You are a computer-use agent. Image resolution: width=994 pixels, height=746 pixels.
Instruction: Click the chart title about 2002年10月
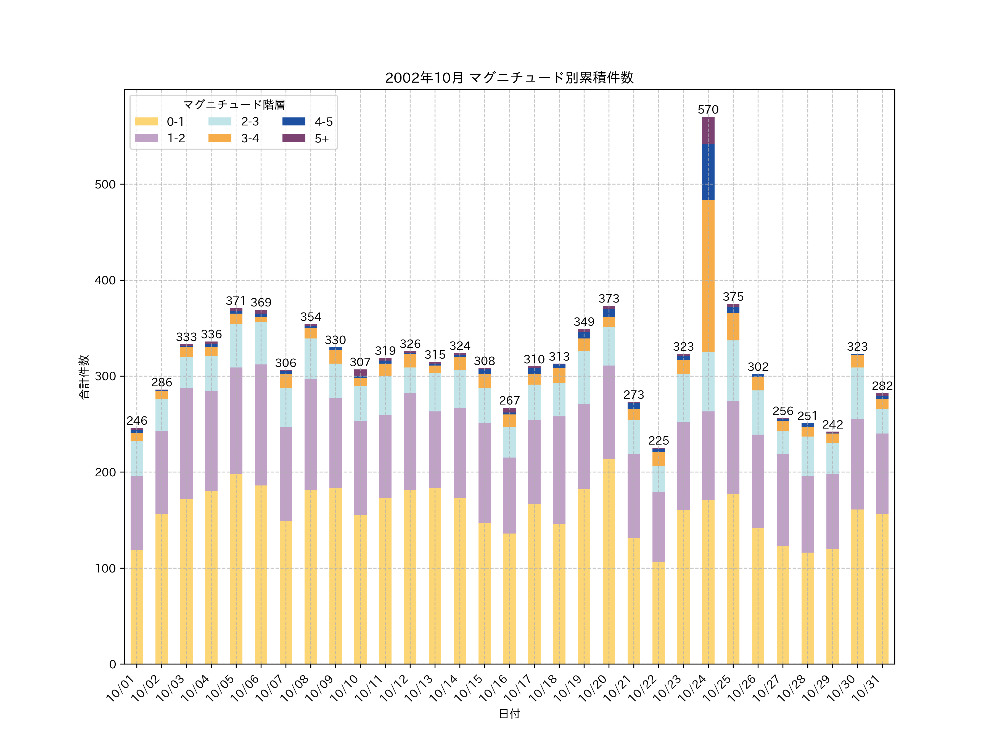[509, 78]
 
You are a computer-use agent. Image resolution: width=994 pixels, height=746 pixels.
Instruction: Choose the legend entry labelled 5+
[321, 138]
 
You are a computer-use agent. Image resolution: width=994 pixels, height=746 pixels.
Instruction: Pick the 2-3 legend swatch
[220, 121]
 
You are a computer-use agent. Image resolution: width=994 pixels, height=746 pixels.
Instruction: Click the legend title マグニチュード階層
[234, 105]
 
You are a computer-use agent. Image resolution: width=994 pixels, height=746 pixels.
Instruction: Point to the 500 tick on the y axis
[105, 184]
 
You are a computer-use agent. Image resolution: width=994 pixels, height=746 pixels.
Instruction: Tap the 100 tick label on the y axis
[105, 568]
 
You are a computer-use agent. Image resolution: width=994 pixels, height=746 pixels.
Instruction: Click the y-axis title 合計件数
[84, 377]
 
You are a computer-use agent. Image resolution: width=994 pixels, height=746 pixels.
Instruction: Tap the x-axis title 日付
[509, 714]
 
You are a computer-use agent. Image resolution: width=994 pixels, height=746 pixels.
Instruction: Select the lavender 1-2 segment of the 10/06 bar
[261, 425]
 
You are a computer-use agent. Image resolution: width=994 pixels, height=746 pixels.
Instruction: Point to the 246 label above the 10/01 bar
[137, 421]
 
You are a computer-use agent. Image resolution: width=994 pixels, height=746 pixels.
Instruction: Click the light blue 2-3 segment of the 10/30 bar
[857, 393]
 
